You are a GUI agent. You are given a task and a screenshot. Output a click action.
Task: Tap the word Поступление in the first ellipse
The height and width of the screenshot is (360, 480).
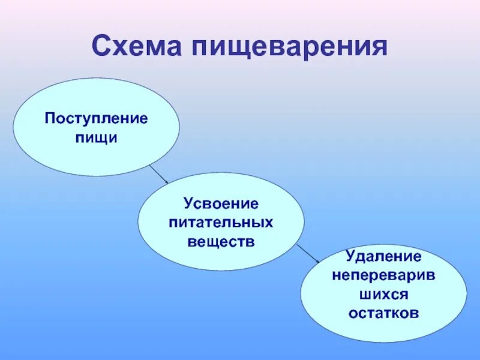click(96, 118)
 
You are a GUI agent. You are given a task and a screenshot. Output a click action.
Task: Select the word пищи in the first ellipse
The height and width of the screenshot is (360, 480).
click(96, 137)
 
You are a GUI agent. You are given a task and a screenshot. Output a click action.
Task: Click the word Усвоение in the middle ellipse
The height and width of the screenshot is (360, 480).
click(221, 204)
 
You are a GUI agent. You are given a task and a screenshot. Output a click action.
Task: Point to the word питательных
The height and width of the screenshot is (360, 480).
click(221, 223)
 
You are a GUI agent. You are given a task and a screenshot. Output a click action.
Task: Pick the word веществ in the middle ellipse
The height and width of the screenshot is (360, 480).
click(221, 242)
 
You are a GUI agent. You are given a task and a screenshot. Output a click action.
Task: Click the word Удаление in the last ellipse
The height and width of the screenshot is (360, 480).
click(383, 257)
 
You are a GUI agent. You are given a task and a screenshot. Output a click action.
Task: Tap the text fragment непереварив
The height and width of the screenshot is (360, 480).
click(383, 275)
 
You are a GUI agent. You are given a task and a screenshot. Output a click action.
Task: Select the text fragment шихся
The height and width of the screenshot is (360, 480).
click(383, 295)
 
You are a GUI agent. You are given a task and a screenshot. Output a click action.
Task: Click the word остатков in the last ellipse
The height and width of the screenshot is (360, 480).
click(383, 314)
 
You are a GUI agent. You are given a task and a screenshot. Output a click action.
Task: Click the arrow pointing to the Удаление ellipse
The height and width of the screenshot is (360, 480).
click(308, 253)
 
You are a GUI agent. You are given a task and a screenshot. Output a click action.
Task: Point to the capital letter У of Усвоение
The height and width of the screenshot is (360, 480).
click(189, 204)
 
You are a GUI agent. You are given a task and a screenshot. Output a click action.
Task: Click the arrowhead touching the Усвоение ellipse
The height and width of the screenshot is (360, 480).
click(167, 181)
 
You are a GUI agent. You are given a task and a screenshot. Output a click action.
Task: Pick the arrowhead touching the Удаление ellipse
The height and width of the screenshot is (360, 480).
click(317, 261)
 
